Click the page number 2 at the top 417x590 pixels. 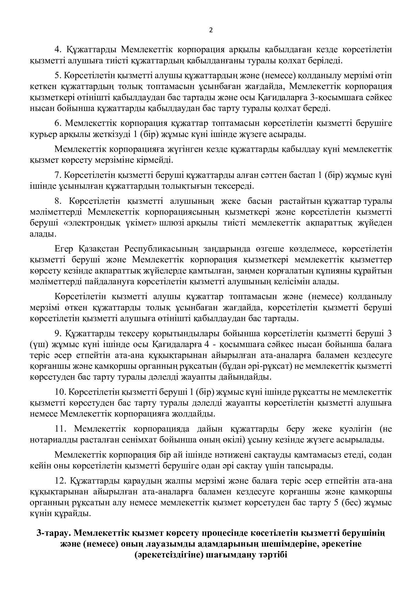pyautogui.click(x=211, y=30)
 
